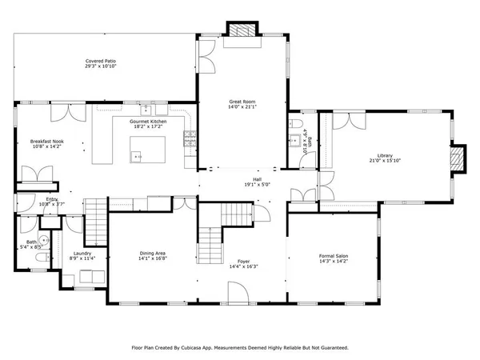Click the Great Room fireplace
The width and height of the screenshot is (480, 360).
coord(240,30)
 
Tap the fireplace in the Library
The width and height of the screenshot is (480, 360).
coord(458,159)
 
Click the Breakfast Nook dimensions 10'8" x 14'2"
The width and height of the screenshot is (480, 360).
coord(46,147)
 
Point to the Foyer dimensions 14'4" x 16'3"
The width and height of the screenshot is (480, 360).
coord(243,266)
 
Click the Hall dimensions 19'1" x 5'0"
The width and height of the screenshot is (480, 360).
coord(257,185)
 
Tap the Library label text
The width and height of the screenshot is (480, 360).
coord(386,155)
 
